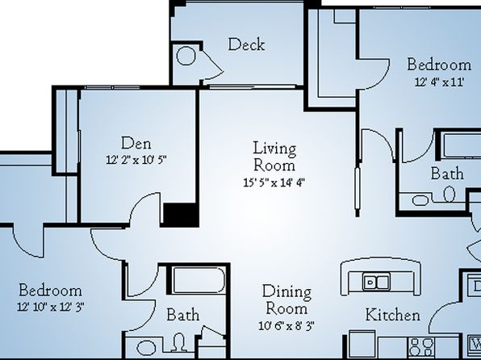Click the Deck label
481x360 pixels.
click(246, 44)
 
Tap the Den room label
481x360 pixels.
click(136, 144)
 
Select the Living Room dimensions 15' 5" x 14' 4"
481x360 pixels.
click(274, 182)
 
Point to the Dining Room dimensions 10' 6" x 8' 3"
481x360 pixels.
click(287, 325)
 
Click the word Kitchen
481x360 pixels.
click(393, 315)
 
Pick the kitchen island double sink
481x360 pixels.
click(376, 282)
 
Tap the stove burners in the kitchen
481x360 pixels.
click(421, 347)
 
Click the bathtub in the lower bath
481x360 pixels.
click(199, 280)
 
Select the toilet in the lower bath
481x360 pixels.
click(180, 342)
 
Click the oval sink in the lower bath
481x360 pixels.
click(146, 348)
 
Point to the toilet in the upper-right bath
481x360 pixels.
click(450, 194)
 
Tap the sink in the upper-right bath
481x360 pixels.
click(420, 200)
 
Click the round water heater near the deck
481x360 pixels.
click(186, 56)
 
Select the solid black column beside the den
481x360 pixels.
click(180, 215)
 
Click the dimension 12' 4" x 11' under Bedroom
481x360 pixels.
click(439, 82)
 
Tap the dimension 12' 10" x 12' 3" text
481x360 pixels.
click(51, 307)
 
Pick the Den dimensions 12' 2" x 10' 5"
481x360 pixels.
click(136, 160)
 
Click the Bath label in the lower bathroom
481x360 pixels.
click(183, 315)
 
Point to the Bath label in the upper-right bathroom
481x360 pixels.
click(447, 174)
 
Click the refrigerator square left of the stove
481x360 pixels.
click(362, 344)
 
